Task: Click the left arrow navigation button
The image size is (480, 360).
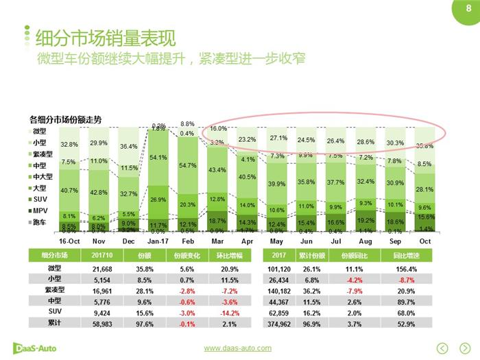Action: pyautogui.click(x=442, y=348)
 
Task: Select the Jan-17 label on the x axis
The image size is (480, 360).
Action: pyautogui.click(x=158, y=241)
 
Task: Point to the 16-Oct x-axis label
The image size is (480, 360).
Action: pyautogui.click(x=69, y=241)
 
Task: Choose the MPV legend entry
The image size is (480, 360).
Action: pyautogui.click(x=40, y=211)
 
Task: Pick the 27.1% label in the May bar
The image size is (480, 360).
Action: pyautogui.click(x=278, y=138)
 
